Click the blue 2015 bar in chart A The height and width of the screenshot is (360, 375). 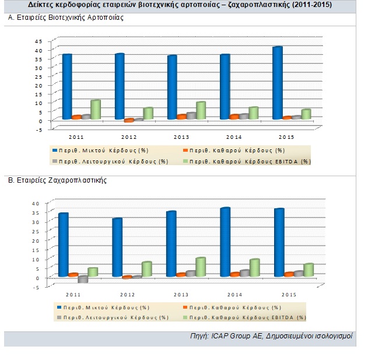pos(278,83)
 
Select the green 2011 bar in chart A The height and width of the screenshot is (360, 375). pos(96,110)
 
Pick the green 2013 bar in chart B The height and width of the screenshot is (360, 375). pos(201,267)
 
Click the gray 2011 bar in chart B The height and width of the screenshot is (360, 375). pos(83,279)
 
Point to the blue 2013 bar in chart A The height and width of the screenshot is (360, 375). pos(172,88)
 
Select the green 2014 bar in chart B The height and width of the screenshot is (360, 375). pos(255,268)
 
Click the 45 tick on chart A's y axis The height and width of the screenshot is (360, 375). pos(40,41)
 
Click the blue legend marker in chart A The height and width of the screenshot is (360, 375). pos(54,150)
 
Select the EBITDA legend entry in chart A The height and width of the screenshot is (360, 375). pos(251,161)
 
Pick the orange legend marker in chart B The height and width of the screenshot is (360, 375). pos(181,307)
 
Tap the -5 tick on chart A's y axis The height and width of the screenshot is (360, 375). pos(38,130)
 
